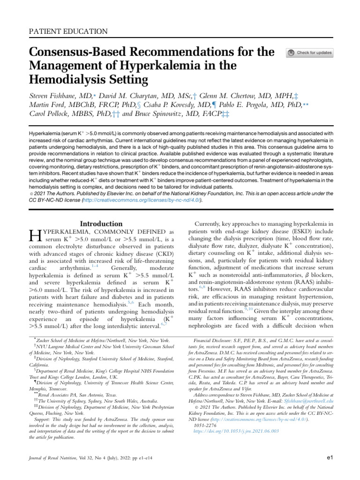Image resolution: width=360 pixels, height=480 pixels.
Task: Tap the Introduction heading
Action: (102, 224)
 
